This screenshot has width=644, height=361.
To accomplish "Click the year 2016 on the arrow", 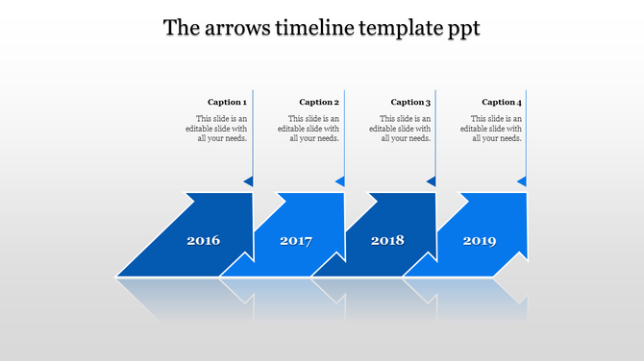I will coord(203,240).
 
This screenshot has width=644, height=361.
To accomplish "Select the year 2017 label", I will coord(296,241).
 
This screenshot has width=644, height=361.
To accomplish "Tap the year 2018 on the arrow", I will coord(387,240).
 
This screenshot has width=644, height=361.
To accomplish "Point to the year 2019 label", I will coord(480,240).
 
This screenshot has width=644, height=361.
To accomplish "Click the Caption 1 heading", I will coord(227,102).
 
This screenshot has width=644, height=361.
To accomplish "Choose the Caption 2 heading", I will coord(319,102).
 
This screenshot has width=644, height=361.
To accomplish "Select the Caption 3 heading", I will coord(410,102).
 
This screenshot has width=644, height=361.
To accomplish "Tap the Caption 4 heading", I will coord(502,102).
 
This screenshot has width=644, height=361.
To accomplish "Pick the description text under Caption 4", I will coord(496,129).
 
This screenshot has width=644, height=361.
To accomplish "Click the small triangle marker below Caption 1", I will coord(248,180).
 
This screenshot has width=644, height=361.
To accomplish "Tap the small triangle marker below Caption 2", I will coord(340,180).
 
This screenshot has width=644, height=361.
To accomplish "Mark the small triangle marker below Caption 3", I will coord(432,180).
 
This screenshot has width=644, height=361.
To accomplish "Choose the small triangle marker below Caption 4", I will coord(522,180).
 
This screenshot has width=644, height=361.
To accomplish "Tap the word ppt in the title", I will coord(462,29).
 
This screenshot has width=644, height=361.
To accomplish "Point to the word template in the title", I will coord(400,28).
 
